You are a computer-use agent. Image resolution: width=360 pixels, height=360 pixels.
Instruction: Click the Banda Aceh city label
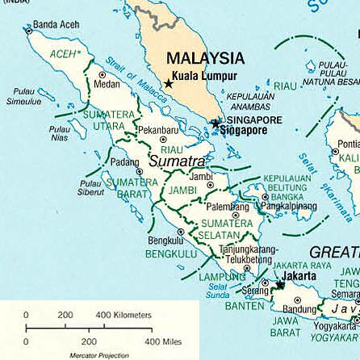pyautogui.click(x=56, y=25)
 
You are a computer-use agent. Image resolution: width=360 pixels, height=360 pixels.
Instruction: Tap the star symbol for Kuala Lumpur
pyautogui.click(x=169, y=83)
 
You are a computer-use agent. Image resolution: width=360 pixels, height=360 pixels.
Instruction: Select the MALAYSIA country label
pyautogui.click(x=205, y=59)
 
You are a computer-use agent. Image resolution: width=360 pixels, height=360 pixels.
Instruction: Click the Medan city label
pyautogui.click(x=107, y=83)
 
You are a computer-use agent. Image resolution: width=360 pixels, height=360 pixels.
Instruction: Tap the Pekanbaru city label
pyautogui.click(x=158, y=129)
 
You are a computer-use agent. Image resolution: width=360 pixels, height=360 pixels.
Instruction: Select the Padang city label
pyautogui.click(x=124, y=161)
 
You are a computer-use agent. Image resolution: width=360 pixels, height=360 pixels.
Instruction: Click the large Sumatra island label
pyautogui.click(x=177, y=161)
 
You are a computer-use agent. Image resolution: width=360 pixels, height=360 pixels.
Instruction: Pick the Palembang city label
pyautogui.click(x=228, y=207)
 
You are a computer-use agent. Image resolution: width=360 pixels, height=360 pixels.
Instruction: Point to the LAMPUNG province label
pyautogui.click(x=222, y=277)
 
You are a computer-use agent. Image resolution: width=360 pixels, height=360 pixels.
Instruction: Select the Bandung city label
pyautogui.click(x=299, y=309)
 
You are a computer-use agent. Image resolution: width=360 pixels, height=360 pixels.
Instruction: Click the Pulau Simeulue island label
pyautogui.click(x=23, y=98)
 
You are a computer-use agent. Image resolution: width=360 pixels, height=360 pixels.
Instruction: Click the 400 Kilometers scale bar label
pyautogui.click(x=123, y=315)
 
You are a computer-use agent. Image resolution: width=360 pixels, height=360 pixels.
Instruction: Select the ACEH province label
pyautogui.click(x=65, y=54)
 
